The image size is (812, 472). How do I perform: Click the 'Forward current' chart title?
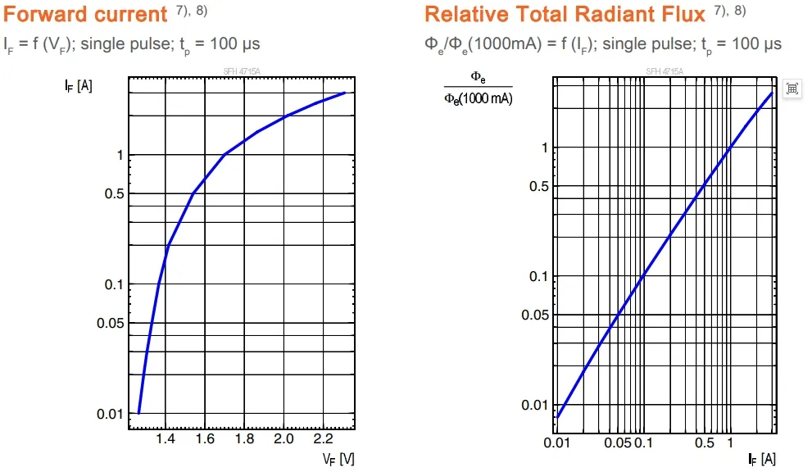point(86,14)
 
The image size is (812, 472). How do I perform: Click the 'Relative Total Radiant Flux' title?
point(565,14)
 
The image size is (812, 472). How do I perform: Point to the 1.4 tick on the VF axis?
point(166,439)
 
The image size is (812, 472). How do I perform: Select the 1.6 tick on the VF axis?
point(205,439)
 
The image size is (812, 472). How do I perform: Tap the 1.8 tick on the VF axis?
point(244,439)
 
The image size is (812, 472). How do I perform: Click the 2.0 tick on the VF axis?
point(284,439)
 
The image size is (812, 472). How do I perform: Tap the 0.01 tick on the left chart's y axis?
point(110,414)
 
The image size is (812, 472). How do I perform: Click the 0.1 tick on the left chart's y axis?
point(113,284)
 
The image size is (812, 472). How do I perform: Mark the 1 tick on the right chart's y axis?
point(540,147)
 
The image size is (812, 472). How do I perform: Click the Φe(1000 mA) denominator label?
point(479,99)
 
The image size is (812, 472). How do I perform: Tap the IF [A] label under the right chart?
point(761,459)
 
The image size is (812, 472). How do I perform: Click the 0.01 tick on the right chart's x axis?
point(556,443)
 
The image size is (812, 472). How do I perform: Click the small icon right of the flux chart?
point(792,89)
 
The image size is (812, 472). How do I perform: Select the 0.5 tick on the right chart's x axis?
point(704,443)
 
